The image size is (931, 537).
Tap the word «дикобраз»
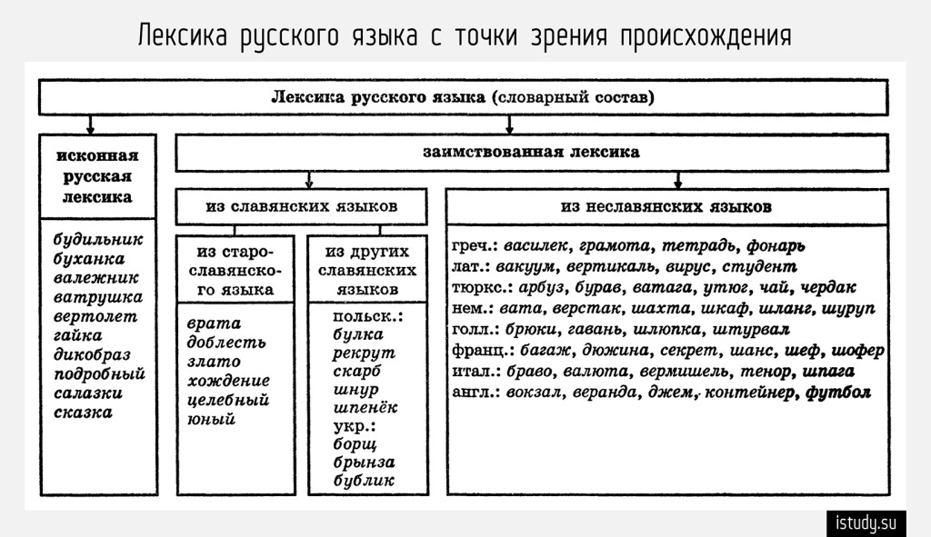click(92, 354)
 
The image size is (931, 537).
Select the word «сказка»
click(83, 413)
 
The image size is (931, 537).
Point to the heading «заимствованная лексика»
click(531, 153)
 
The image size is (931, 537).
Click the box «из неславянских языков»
click(666, 206)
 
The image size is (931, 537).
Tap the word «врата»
click(213, 323)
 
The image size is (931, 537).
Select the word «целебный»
click(227, 400)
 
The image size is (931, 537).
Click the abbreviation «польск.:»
click(367, 315)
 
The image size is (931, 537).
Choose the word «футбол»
click(838, 393)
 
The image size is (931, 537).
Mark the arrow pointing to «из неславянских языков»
click(677, 179)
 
